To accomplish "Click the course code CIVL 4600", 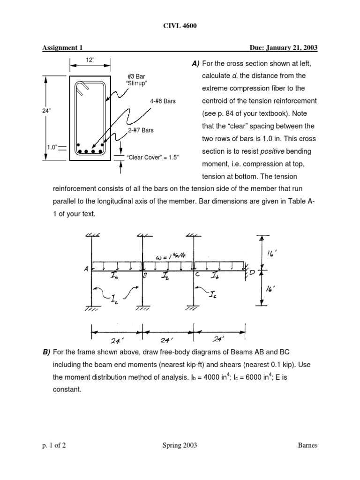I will point(180,26).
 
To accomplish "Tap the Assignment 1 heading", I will point(63,48).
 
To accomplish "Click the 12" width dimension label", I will point(90,61).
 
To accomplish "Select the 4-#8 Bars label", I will point(163,101).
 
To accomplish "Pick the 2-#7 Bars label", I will point(141,130).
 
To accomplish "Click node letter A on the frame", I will point(86,269).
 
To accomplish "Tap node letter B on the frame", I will point(145,277).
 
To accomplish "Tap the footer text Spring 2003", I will point(180,446).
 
